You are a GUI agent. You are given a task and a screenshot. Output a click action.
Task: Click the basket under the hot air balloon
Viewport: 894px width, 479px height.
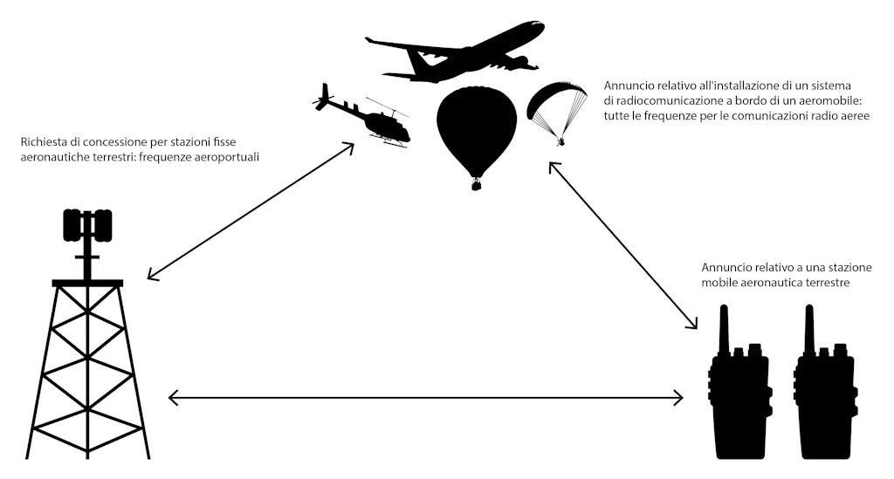tap(476, 184)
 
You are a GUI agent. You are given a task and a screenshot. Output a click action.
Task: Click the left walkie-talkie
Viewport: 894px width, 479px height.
tap(739, 393)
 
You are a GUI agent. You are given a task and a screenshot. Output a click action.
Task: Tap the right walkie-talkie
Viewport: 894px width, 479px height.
tap(823, 393)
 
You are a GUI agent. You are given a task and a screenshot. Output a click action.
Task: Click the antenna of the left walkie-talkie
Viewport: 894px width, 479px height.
tap(724, 327)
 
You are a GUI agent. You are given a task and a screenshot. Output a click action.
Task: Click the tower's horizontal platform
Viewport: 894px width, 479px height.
tap(87, 283)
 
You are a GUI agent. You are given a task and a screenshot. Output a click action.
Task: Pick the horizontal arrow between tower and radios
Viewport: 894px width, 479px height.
tap(425, 399)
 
